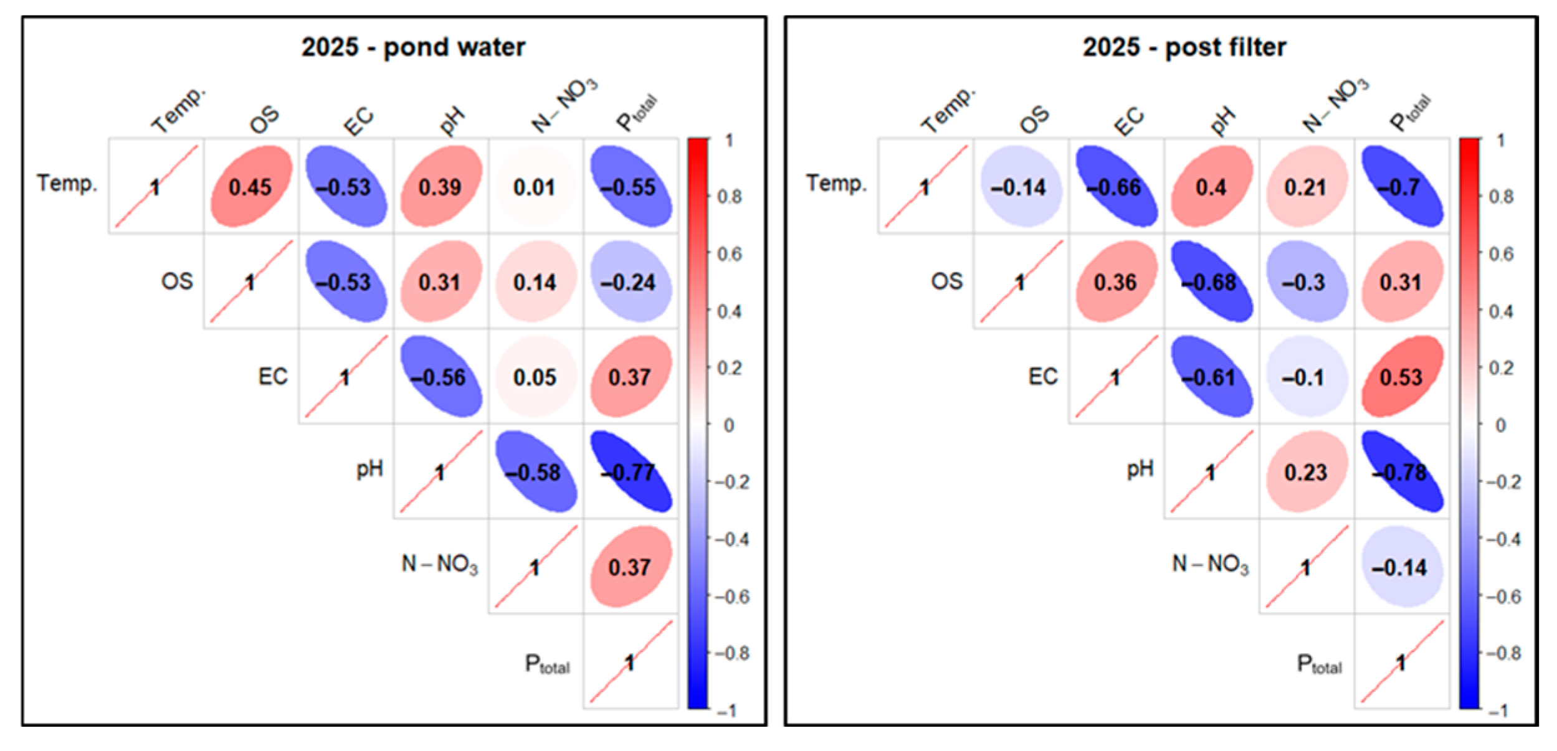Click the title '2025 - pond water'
pos(413,47)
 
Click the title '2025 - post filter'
pos(1184,47)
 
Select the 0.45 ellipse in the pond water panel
pos(250,187)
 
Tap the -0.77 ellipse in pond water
pos(630,472)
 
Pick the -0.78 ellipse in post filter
pos(1401,472)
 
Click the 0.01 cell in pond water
pos(535,187)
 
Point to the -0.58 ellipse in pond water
pos(535,472)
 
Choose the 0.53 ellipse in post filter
pos(1401,377)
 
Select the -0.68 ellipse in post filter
pos(1211,282)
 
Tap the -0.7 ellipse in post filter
pos(1401,187)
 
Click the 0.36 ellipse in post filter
pos(1115,282)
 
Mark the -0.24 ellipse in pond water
pos(630,282)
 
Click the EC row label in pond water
pos(273,377)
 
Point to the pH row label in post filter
pos(1140,469)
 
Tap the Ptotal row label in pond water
pos(547,664)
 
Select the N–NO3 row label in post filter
pos(1210,564)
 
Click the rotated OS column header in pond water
pos(264,119)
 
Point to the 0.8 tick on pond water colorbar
pos(730,197)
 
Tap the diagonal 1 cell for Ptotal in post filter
pos(1401,662)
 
